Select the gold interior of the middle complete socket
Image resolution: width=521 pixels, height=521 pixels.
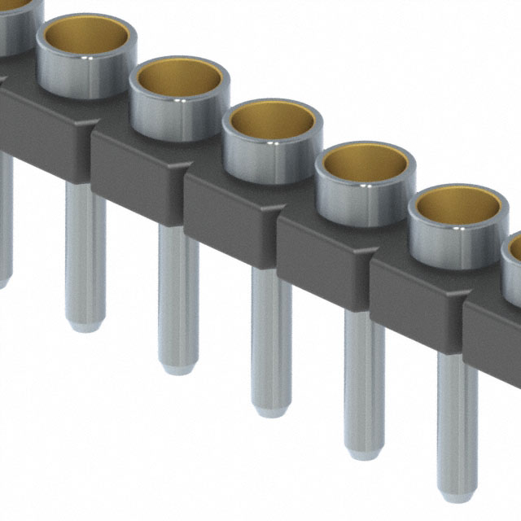273,122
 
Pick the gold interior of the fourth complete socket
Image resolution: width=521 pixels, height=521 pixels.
365,165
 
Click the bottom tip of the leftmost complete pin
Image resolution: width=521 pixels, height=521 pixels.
85,326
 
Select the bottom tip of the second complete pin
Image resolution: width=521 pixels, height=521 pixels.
177,368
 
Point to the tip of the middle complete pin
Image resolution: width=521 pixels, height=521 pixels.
270,411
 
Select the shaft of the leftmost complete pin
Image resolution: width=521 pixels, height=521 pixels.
85,252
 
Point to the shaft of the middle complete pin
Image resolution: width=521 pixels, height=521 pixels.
270,342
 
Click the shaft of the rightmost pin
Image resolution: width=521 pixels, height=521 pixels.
456,423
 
